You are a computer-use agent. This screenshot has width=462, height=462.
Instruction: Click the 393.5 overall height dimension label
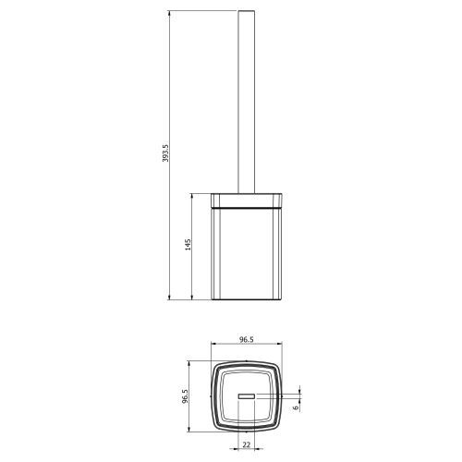pyautogui.click(x=166, y=153)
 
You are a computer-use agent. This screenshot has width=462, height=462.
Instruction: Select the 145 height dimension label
pyautogui.click(x=188, y=245)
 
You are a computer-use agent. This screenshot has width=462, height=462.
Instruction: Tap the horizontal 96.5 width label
pyautogui.click(x=247, y=339)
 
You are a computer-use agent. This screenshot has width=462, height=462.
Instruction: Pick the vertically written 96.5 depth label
pyautogui.click(x=185, y=396)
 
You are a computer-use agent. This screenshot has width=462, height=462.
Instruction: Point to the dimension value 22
pyautogui.click(x=247, y=444)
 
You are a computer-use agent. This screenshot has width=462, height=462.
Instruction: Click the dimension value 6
pyautogui.click(x=296, y=407)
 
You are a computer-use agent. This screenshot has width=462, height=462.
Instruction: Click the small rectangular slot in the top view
pyautogui.click(x=247, y=396)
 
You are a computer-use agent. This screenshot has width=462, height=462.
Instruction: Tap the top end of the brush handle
pyautogui.click(x=247, y=11)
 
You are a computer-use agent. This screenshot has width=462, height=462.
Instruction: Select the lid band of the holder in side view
pyautogui.click(x=247, y=201)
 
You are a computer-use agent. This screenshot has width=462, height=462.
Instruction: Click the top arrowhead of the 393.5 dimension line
pyautogui.click(x=169, y=13)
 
